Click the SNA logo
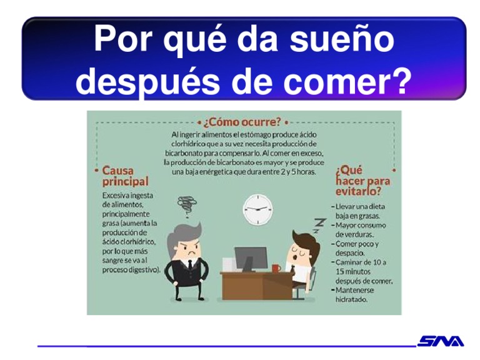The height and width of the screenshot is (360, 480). (x=441, y=341)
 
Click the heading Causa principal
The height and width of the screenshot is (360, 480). (x=125, y=176)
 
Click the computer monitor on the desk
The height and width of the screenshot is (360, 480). (x=250, y=257)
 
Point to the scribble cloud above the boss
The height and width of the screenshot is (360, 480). (x=186, y=204)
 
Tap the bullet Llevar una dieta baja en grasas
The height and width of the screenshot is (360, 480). (x=361, y=210)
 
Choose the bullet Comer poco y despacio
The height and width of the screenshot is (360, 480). (x=357, y=248)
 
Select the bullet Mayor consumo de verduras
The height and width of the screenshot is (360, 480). (x=360, y=229)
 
